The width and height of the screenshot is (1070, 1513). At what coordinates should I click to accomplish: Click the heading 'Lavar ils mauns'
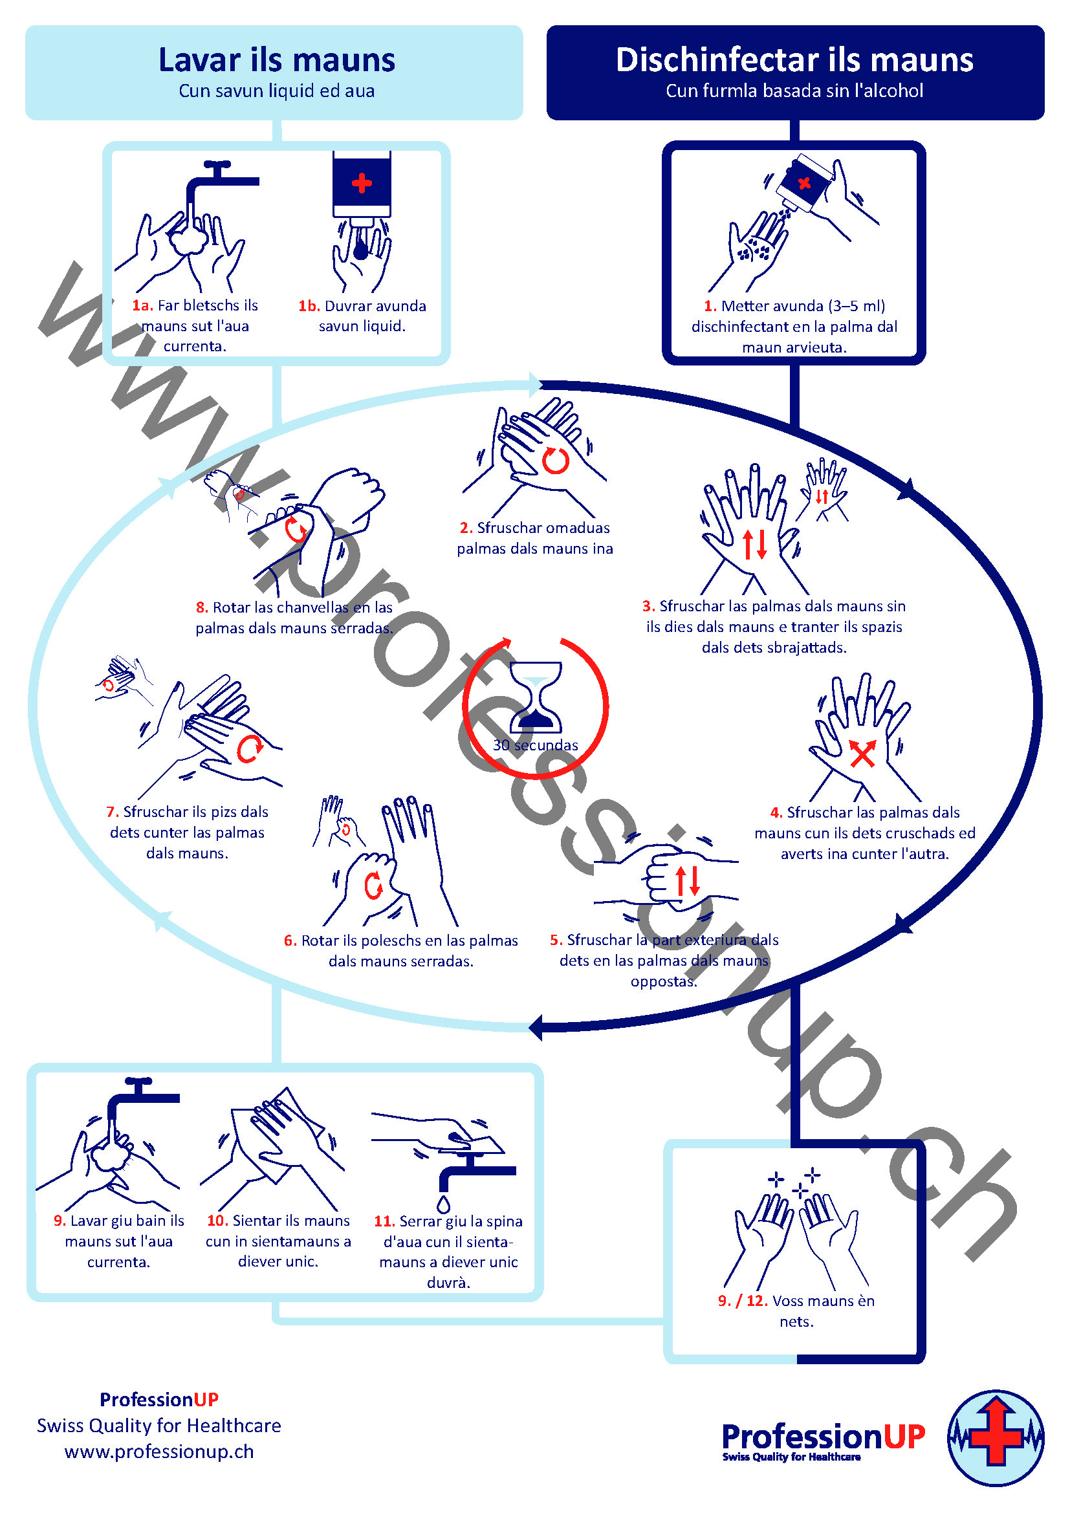(277, 60)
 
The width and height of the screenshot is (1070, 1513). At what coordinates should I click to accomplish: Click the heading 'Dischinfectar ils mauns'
(794, 60)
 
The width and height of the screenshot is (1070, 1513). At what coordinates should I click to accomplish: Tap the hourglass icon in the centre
(536, 697)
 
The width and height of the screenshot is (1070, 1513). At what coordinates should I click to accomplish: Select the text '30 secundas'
(535, 745)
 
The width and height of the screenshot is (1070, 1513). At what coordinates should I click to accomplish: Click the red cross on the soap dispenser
(362, 182)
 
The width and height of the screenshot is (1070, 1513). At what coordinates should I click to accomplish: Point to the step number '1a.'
(142, 305)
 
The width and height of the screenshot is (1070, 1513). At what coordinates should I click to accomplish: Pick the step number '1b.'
(309, 306)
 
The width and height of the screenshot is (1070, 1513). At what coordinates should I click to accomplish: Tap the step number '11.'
(384, 1221)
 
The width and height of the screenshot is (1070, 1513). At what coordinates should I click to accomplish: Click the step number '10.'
(217, 1221)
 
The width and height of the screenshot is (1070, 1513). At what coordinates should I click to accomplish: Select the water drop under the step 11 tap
(443, 1204)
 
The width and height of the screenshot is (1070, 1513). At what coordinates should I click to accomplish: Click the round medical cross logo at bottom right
(996, 1438)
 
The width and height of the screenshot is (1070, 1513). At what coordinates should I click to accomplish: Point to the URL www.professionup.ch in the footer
(158, 1452)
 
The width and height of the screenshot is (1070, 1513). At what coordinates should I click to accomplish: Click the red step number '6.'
(290, 941)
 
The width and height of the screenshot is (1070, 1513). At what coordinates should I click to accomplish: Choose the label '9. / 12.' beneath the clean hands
(743, 1301)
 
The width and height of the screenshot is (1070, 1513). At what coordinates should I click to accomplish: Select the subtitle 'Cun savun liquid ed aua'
(277, 91)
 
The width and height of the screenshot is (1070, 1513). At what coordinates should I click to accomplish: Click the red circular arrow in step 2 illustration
(556, 461)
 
